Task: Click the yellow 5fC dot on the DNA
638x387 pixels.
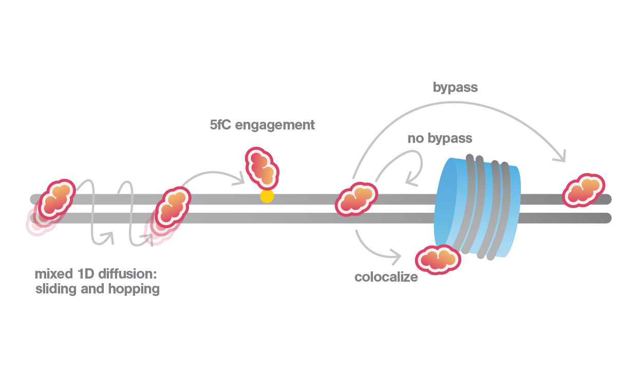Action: point(267,196)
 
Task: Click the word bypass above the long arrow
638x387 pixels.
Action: point(455,87)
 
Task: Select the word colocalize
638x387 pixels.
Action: point(386,278)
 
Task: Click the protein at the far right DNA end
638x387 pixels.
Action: point(583,191)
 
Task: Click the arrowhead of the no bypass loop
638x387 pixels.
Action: point(410,180)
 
